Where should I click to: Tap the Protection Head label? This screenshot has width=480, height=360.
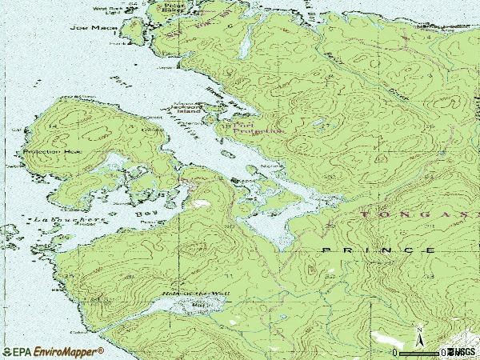point(53,151)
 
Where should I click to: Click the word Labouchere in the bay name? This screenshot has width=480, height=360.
point(67,218)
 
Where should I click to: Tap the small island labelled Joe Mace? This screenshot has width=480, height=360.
point(131,29)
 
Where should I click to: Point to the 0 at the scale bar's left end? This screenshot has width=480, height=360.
point(395,352)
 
